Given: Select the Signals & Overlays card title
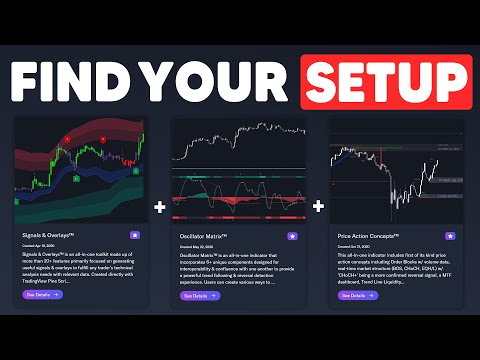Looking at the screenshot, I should pos(53,235).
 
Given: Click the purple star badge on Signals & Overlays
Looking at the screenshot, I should pos(138,236).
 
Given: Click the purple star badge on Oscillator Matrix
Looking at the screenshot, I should pos(292,236).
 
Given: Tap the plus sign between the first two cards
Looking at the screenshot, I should pos(160,207).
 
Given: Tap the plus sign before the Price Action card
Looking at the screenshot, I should pos(318,207).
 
